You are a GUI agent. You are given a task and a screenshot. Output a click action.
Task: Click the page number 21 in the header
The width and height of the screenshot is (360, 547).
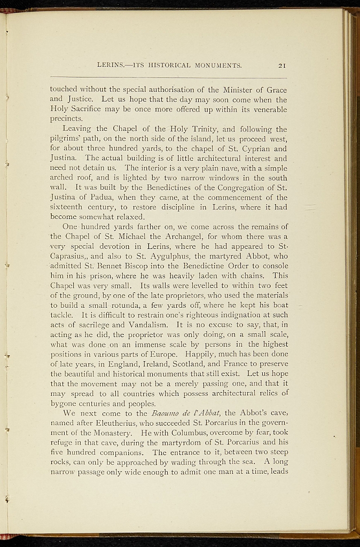[x=283, y=66]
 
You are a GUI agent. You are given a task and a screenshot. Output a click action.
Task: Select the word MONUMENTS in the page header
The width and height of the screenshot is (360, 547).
[x=219, y=66]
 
